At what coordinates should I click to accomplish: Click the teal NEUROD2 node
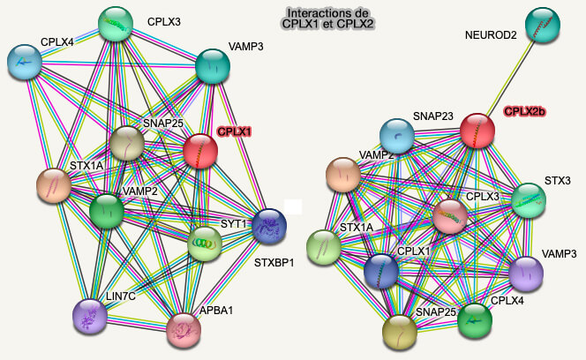click(x=542, y=25)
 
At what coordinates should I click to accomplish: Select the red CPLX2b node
click(x=477, y=131)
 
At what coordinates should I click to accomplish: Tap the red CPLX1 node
click(x=200, y=151)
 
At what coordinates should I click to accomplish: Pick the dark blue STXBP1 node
click(x=269, y=226)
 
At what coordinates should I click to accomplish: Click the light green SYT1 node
click(x=205, y=244)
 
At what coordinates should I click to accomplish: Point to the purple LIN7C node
click(x=90, y=316)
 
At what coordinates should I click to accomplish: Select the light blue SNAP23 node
click(x=397, y=136)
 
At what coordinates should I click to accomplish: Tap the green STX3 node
click(x=529, y=200)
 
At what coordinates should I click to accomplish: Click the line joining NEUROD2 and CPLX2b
click(x=510, y=77)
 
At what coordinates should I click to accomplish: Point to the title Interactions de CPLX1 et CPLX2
click(x=327, y=19)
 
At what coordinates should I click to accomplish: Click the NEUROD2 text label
click(x=491, y=35)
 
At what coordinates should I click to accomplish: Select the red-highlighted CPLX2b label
click(x=525, y=111)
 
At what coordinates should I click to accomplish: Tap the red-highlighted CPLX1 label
click(x=235, y=131)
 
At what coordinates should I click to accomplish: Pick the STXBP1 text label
click(x=274, y=263)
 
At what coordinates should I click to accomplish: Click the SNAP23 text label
click(x=433, y=116)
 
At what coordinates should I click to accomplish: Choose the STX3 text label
click(x=558, y=181)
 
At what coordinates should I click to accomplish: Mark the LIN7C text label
click(x=121, y=296)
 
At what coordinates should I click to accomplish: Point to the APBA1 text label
click(x=216, y=311)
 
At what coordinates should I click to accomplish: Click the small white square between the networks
click(x=293, y=207)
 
